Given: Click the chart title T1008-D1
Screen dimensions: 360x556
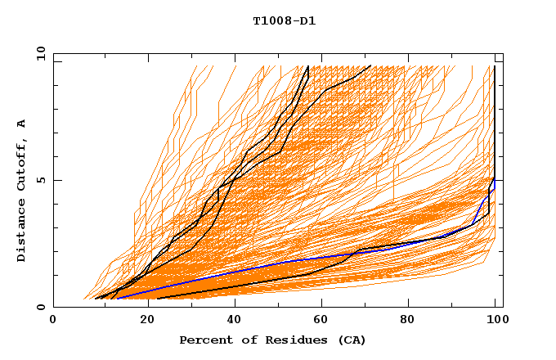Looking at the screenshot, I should pyautogui.click(x=284, y=20).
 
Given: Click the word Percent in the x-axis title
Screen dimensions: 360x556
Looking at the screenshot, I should pyautogui.click(x=202, y=340).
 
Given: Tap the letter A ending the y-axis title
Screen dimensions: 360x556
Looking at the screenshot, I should pyautogui.click(x=21, y=123).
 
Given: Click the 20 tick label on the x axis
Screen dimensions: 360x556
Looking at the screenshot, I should pyautogui.click(x=143, y=321).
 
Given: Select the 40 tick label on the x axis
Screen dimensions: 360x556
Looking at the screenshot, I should pyautogui.click(x=233, y=321).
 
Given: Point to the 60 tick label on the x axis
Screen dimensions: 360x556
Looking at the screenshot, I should pyautogui.click(x=323, y=321).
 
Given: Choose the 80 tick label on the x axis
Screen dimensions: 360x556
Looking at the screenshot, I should pyautogui.click(x=413, y=321).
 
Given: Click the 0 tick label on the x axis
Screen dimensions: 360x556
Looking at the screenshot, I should pyautogui.click(x=53, y=321).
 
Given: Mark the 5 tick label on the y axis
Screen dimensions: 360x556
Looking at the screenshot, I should pyautogui.click(x=40, y=180).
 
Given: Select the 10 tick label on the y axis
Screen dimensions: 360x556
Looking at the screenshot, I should pyautogui.click(x=38, y=53).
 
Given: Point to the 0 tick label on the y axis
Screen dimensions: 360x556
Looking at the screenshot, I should pyautogui.click(x=40, y=307).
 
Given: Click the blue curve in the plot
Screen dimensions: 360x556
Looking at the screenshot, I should pyautogui.click(x=245, y=271).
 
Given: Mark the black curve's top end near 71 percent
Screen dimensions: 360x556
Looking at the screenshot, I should pyautogui.click(x=370, y=65).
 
